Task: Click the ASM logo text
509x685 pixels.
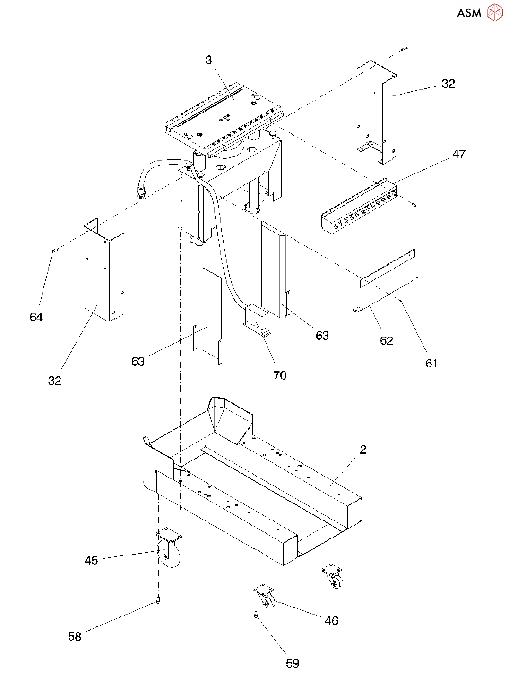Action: [x=469, y=13]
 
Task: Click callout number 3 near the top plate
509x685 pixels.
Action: [x=209, y=60]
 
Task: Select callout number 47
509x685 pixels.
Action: [x=459, y=154]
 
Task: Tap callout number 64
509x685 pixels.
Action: [x=36, y=317]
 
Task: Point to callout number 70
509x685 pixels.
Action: [x=280, y=375]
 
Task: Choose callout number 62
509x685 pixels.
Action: [x=387, y=340]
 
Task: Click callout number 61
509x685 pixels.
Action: [x=431, y=363]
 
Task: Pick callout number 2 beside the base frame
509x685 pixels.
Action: [x=363, y=450]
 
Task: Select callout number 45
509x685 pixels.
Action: [x=91, y=560]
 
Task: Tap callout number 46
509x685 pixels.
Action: [x=332, y=621]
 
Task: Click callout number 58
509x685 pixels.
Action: [x=75, y=636]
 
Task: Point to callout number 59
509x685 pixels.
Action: [x=293, y=663]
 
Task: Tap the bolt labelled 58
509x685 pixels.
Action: [x=158, y=600]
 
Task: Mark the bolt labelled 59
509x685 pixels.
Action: [x=256, y=615]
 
